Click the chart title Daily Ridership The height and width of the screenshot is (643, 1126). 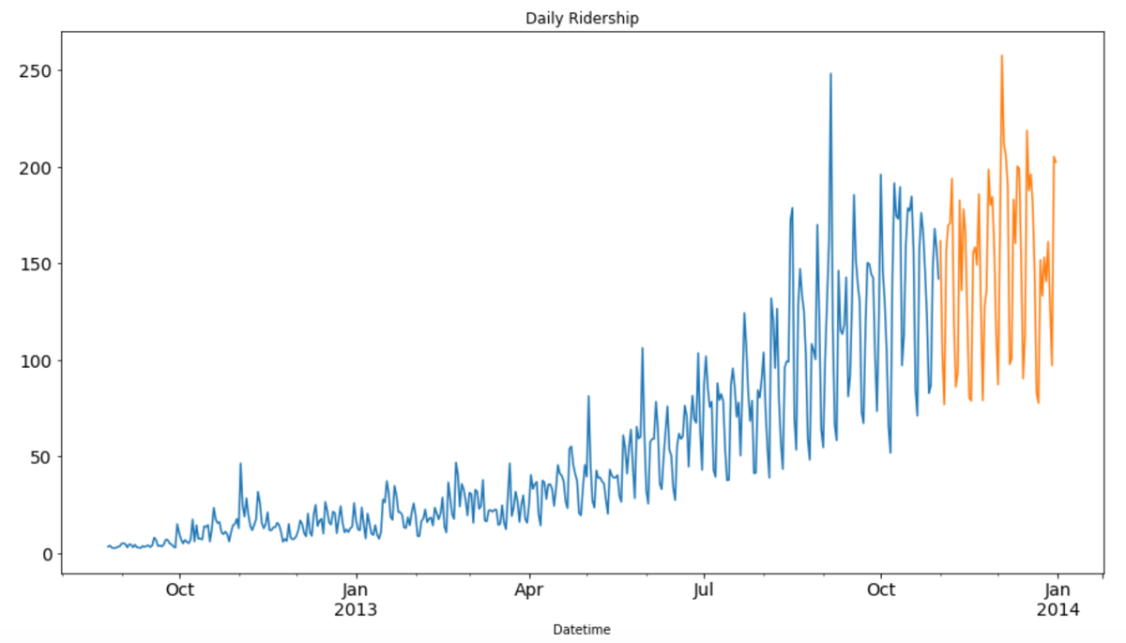[582, 18]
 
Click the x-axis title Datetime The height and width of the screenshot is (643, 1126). [582, 628]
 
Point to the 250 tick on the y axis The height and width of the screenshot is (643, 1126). [36, 71]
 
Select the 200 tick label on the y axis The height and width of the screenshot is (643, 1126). [36, 168]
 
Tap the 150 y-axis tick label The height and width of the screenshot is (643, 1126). [36, 264]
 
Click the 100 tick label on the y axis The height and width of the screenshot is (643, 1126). [36, 360]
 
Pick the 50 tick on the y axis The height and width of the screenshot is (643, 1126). [40, 457]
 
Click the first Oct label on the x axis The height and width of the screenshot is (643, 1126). [179, 590]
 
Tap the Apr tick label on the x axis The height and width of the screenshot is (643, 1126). [530, 590]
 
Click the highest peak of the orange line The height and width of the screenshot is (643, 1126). [1001, 55]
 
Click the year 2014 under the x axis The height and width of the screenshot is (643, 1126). [1058, 609]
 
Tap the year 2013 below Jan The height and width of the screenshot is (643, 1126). [356, 609]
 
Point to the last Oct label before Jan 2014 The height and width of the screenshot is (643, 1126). [881, 590]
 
